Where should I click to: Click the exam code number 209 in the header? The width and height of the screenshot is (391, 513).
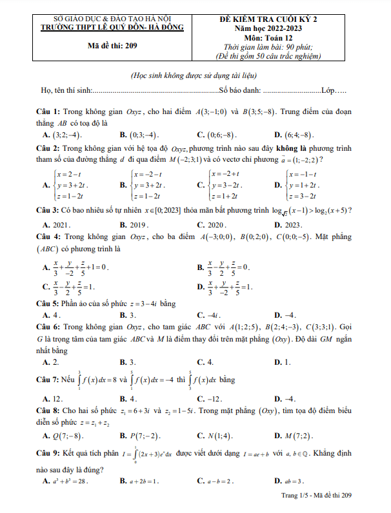tap(130, 46)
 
